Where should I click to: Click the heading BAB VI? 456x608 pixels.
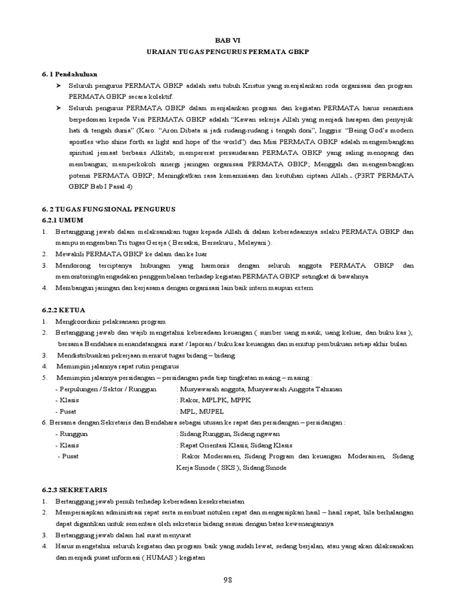228,41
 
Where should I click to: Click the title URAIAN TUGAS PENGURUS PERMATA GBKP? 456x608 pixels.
228,52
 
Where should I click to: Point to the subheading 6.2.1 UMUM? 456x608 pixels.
65,220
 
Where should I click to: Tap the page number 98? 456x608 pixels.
228,579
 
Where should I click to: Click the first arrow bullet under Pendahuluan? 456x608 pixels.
59,87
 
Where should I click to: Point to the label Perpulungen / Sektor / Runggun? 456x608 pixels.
106,389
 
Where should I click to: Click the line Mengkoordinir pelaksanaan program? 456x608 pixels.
111,322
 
